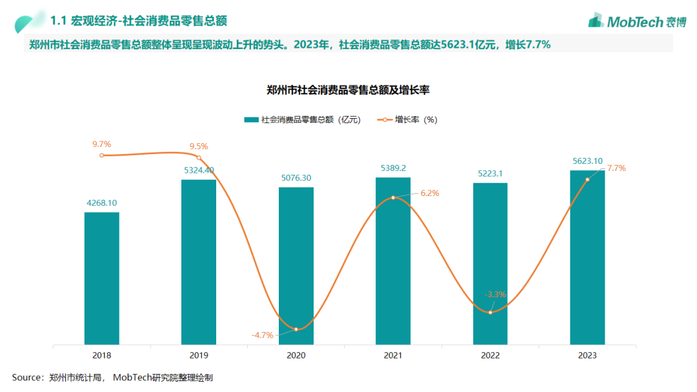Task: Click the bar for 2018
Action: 101,278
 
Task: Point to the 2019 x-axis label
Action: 199,355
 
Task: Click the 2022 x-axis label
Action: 490,355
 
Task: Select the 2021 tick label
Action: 393,355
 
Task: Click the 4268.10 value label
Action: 102,203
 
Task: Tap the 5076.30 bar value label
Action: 296,178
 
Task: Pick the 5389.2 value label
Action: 393,168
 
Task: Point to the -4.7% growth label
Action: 262,335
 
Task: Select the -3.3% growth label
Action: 496,295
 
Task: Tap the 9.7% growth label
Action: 102,144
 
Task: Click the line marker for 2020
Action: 296,329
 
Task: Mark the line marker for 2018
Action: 102,155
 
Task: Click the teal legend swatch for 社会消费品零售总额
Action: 251,119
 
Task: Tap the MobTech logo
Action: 637,21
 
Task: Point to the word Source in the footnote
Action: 26,378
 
